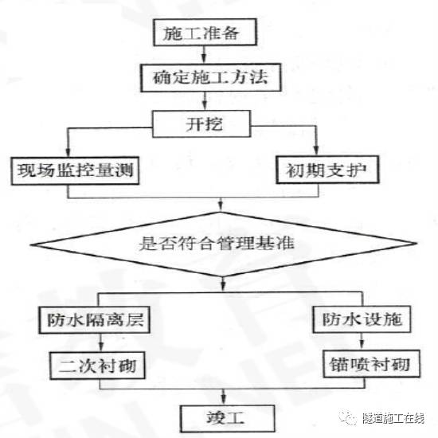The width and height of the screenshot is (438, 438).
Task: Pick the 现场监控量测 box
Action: [x=68, y=169]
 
